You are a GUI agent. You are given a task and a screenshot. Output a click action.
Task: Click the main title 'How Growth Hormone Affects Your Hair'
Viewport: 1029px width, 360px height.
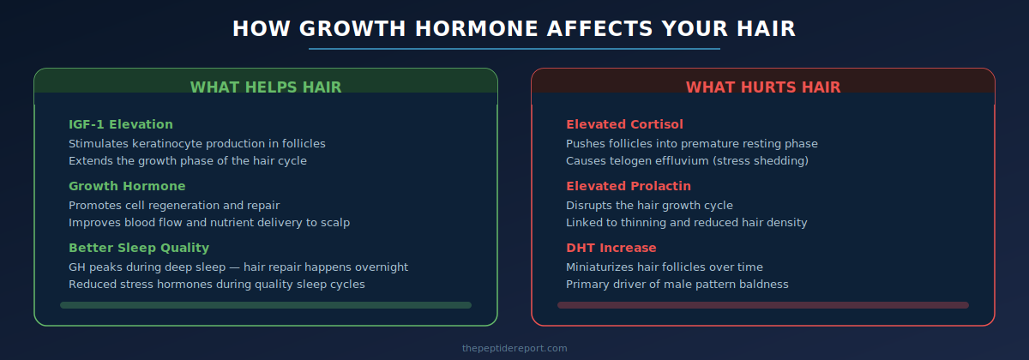click(514, 28)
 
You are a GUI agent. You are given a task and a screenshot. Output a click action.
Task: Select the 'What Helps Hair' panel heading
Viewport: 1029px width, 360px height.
click(266, 87)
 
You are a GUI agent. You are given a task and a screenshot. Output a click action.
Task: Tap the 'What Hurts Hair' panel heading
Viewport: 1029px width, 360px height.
click(763, 87)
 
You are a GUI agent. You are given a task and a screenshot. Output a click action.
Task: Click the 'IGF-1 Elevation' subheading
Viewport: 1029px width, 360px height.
click(121, 124)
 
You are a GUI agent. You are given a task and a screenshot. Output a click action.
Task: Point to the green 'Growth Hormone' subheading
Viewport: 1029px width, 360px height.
click(127, 186)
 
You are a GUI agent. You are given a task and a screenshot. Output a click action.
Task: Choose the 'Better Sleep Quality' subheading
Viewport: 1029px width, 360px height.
click(139, 248)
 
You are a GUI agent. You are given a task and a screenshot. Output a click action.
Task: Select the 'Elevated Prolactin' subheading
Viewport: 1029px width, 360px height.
click(629, 186)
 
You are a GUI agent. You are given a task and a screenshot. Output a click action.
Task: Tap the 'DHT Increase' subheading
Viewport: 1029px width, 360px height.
click(611, 248)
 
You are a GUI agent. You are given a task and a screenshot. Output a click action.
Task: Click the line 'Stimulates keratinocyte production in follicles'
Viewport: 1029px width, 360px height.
click(197, 143)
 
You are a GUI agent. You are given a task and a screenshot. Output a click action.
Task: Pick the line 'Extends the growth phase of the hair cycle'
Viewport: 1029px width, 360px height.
click(188, 160)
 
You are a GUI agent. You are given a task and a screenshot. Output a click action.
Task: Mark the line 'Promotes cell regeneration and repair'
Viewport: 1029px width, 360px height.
click(174, 205)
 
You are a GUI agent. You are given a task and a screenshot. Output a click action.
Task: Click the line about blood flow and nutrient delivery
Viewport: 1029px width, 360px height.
click(209, 222)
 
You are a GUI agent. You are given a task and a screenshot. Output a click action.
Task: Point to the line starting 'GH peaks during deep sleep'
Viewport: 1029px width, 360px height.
click(238, 267)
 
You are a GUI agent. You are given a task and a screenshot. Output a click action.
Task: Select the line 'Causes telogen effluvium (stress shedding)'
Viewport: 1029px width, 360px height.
click(688, 160)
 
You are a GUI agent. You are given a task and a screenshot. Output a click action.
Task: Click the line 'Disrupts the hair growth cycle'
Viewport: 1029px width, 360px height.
click(649, 205)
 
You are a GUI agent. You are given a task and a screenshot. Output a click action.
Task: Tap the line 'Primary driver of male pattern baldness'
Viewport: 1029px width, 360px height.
click(677, 284)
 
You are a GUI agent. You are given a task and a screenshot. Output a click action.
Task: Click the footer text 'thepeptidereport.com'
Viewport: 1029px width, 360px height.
click(514, 348)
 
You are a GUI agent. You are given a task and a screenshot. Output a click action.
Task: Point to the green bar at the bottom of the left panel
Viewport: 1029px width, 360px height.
click(266, 304)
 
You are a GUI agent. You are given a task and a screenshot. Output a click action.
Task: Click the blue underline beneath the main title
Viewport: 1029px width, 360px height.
click(514, 49)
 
